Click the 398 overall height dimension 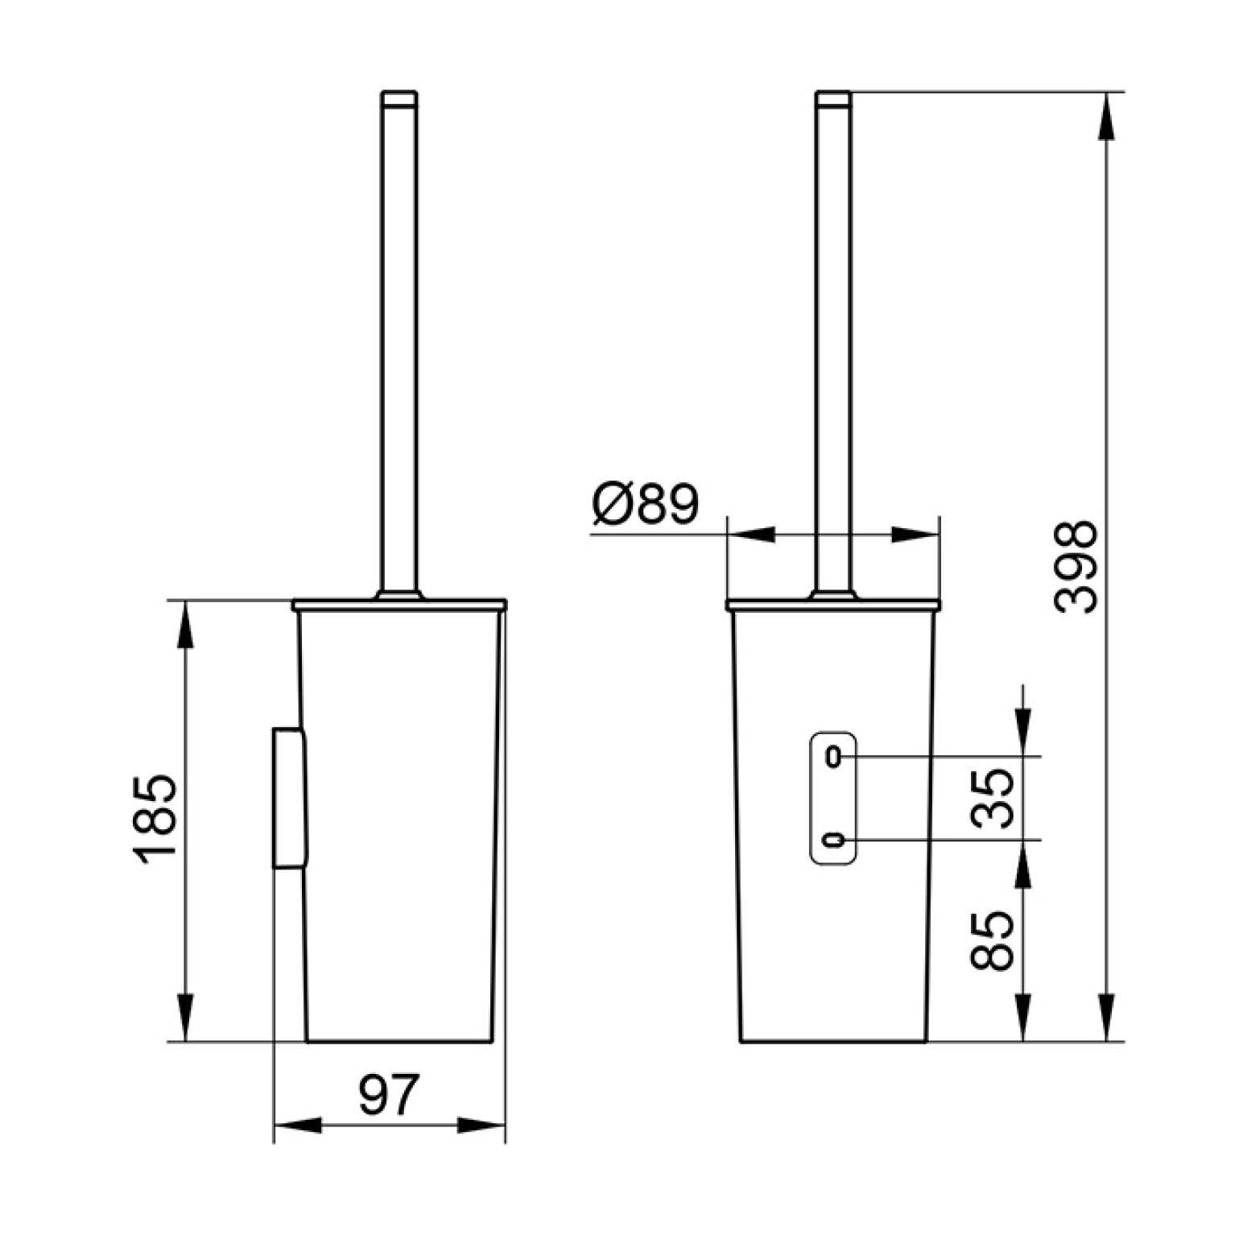click(x=1076, y=568)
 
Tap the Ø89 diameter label click(x=646, y=505)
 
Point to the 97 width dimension click(x=389, y=1096)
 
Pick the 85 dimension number click(x=991, y=940)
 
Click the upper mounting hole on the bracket click(x=834, y=756)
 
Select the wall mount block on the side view click(x=289, y=798)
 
